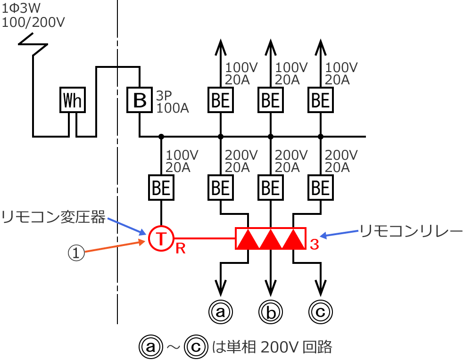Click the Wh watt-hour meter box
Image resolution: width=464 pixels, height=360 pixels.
(x=73, y=99)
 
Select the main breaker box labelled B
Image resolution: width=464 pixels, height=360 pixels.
(x=140, y=99)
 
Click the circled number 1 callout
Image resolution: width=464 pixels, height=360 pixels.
(x=76, y=254)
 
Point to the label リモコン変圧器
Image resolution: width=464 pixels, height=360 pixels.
(x=52, y=217)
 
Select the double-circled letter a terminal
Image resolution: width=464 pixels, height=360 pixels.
(x=221, y=311)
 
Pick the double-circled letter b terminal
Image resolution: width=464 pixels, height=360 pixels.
(x=271, y=311)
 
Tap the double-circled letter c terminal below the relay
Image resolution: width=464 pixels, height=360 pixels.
(x=321, y=311)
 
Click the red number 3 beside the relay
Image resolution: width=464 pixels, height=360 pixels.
(x=315, y=244)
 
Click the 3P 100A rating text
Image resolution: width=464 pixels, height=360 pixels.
(x=173, y=102)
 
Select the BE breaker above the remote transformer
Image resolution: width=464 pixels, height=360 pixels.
(x=161, y=188)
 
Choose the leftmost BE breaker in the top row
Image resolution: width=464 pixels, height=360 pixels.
(x=221, y=99)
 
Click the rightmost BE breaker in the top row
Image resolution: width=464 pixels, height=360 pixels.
(x=321, y=99)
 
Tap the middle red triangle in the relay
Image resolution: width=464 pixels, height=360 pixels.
(x=271, y=240)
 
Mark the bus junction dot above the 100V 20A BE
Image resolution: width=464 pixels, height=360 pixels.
(x=161, y=137)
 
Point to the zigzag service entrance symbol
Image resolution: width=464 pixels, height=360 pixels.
(x=33, y=44)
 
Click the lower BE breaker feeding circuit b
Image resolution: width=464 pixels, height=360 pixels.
(x=271, y=188)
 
